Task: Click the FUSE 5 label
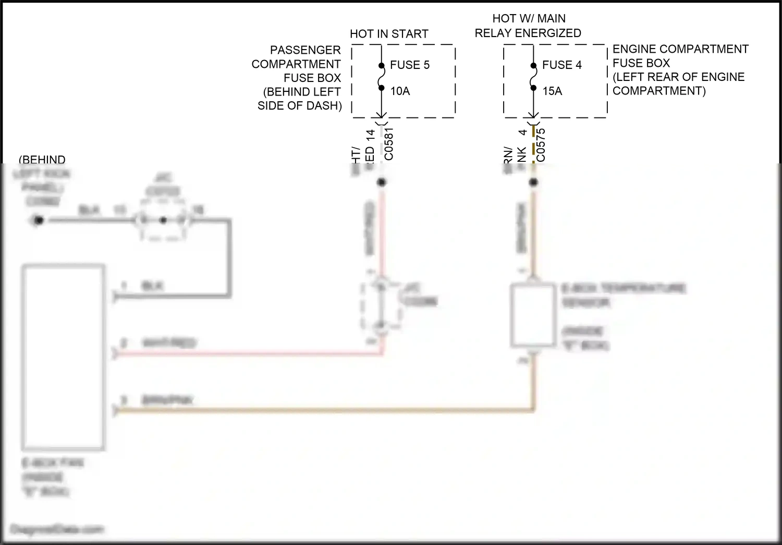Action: [x=410, y=65]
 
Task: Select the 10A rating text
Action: [x=400, y=91]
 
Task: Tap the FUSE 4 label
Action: [x=561, y=65]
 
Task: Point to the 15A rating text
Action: [x=552, y=91]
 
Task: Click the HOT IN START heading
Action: [x=389, y=34]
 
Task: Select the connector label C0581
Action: [x=389, y=144]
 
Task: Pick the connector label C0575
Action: [x=541, y=145]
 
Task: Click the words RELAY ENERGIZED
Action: [x=528, y=33]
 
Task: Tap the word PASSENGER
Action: [x=305, y=50]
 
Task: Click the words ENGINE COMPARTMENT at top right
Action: [x=680, y=49]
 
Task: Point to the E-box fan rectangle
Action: [x=63, y=358]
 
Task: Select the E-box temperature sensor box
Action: [x=533, y=315]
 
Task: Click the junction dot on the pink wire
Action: [x=382, y=182]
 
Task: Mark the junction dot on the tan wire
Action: [x=533, y=182]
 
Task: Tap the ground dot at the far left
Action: [x=38, y=220]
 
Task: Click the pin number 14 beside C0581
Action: [x=371, y=136]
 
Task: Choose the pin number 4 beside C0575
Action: [x=523, y=133]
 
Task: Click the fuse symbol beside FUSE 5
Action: [x=381, y=77]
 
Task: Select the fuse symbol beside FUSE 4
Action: [x=533, y=77]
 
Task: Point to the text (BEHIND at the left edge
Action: [x=42, y=160]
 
